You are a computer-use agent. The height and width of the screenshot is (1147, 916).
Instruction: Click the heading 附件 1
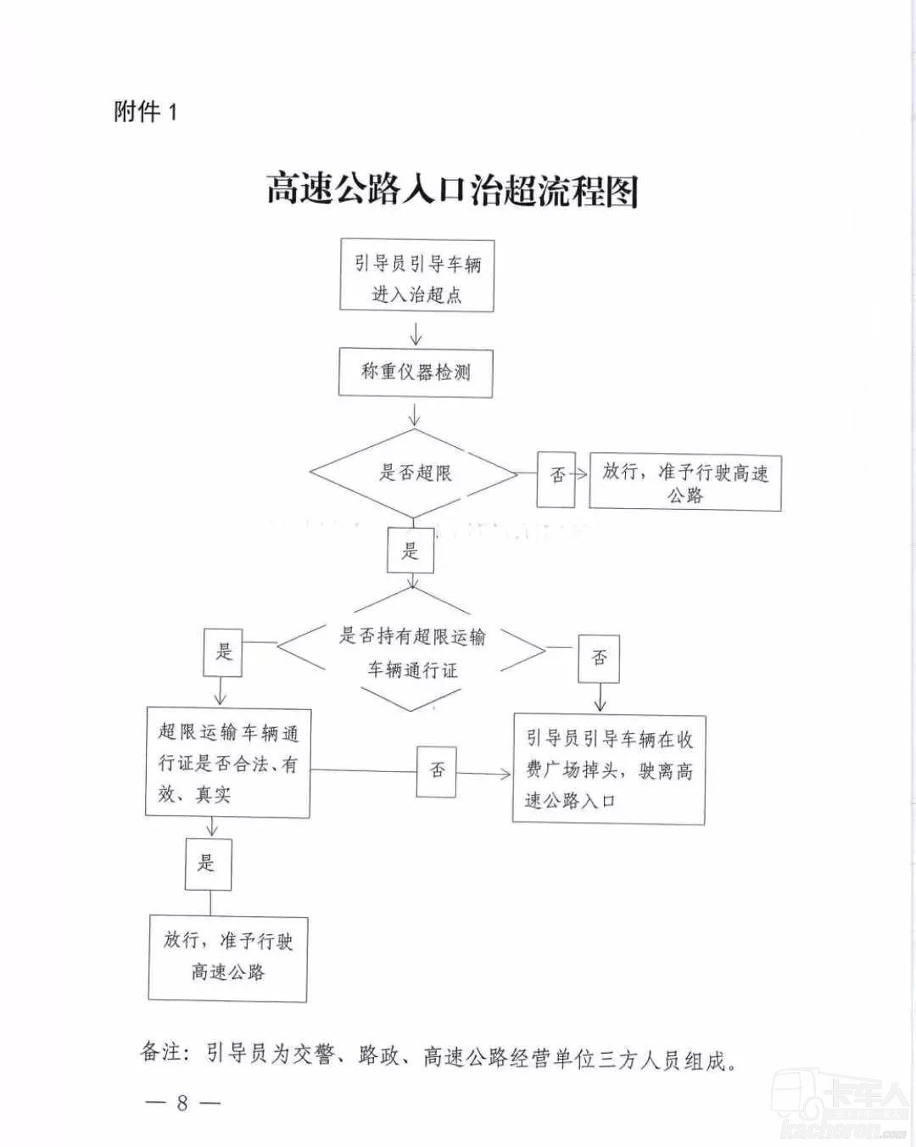(145, 112)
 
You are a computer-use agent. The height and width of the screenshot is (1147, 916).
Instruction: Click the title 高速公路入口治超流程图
(452, 189)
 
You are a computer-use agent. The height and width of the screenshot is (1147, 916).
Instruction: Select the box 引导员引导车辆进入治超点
(416, 276)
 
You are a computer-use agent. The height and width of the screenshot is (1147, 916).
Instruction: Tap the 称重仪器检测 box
(416, 373)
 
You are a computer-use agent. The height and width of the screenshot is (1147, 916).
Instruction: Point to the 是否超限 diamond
(414, 473)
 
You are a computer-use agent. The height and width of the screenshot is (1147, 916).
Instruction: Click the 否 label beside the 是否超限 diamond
(556, 478)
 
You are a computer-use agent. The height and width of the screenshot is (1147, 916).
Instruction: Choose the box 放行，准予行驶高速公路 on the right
(685, 483)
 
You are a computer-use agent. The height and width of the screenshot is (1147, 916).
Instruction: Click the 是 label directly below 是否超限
(411, 550)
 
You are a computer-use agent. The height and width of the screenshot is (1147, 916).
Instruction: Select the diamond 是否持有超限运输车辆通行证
(411, 650)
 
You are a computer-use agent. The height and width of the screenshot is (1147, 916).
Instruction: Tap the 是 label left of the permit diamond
(223, 652)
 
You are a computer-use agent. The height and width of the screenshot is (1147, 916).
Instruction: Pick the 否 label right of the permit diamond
(599, 658)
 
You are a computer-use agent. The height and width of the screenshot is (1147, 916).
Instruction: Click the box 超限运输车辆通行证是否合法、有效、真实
(228, 763)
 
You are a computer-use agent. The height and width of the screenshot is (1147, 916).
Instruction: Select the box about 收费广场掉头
(609, 770)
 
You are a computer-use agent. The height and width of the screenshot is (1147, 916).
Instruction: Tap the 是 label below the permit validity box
(209, 864)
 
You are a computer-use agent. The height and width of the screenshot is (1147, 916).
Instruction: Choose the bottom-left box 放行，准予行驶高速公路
(228, 959)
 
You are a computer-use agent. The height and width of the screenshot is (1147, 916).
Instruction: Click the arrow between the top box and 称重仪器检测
(416, 333)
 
